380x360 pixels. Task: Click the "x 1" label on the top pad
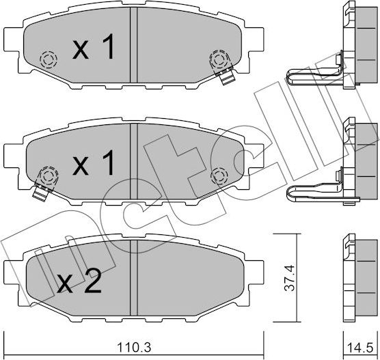coord(94,49)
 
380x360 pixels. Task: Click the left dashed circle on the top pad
coord(47,59)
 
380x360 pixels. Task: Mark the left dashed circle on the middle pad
coord(47,175)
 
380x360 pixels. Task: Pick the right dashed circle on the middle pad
coord(219,176)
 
